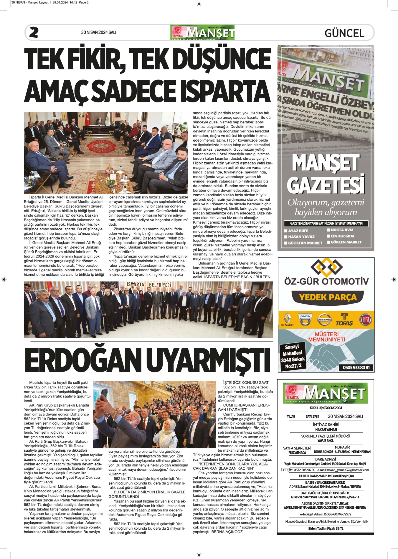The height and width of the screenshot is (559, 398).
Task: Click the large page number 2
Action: tap(34, 32)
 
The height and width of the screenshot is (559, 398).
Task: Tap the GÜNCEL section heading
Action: tap(344, 33)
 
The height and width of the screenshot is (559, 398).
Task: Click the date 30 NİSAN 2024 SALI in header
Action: tap(99, 32)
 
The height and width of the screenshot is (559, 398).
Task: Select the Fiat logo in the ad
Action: tap(366, 320)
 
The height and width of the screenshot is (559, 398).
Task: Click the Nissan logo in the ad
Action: tap(324, 320)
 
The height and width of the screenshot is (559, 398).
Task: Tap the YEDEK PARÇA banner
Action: tap(328, 297)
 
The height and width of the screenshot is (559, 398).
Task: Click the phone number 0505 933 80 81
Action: tap(356, 367)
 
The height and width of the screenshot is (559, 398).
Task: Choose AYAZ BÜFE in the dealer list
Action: tap(298, 231)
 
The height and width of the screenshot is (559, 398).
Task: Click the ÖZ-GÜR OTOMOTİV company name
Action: tap(326, 281)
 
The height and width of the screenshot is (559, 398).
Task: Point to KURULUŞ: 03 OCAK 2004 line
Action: tap(326, 408)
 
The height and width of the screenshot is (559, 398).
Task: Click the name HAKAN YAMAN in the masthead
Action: tap(326, 430)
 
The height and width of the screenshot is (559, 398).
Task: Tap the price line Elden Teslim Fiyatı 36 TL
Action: tap(326, 529)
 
